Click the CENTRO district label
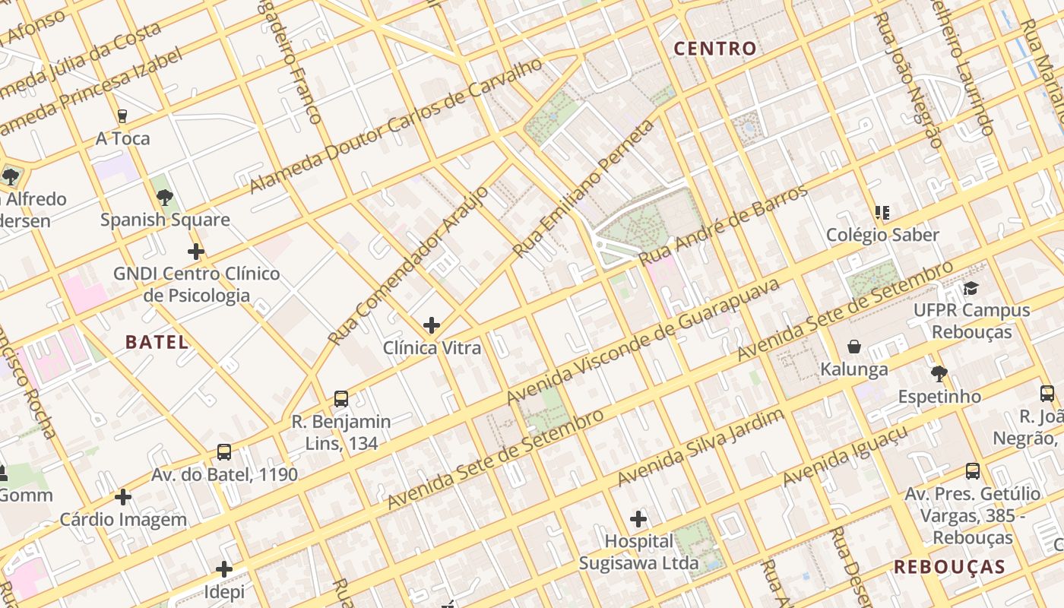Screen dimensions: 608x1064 tap(715, 49)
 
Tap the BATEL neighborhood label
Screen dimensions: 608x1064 tap(157, 342)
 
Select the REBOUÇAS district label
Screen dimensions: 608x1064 tap(949, 567)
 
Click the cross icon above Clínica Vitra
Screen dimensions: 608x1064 tap(432, 325)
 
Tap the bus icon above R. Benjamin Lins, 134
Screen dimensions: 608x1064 tap(341, 399)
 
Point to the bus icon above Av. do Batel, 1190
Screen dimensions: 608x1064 tap(224, 452)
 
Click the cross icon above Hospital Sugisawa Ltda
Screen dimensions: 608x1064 tap(638, 519)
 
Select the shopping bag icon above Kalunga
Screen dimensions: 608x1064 tap(854, 347)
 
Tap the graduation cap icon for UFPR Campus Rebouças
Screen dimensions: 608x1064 tap(971, 288)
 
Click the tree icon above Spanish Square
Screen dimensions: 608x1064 tap(165, 198)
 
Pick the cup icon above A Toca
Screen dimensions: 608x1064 tap(122, 116)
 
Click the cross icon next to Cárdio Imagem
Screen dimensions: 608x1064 tap(123, 498)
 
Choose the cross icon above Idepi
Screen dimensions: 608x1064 tap(224, 568)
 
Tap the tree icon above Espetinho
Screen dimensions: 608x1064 tap(939, 374)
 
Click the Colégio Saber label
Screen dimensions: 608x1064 tap(882, 235)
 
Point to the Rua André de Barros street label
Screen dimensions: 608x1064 tap(723, 225)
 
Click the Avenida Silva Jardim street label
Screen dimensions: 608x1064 tap(700, 448)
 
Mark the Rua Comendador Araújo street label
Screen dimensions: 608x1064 tap(408, 264)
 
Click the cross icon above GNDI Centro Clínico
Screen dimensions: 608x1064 tap(196, 252)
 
